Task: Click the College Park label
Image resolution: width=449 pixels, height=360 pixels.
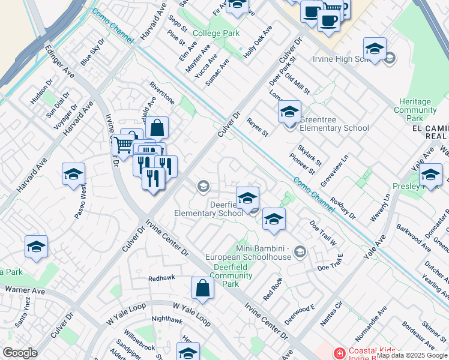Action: coord(215,34)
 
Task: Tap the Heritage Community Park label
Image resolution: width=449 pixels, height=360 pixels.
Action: coord(415,110)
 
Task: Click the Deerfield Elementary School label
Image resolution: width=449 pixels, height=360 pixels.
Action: coord(209,208)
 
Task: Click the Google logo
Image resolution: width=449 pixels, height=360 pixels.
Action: coord(20,353)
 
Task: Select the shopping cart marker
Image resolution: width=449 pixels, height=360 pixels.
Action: coord(123,145)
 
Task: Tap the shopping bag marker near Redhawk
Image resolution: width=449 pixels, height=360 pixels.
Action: coord(203,287)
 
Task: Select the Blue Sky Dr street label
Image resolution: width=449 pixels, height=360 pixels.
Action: coord(92,53)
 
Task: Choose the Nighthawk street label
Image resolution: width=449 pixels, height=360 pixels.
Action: coord(167,320)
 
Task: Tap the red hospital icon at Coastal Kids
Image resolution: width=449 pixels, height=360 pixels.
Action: coord(340,352)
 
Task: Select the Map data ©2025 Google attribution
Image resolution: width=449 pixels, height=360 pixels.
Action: coord(412,355)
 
